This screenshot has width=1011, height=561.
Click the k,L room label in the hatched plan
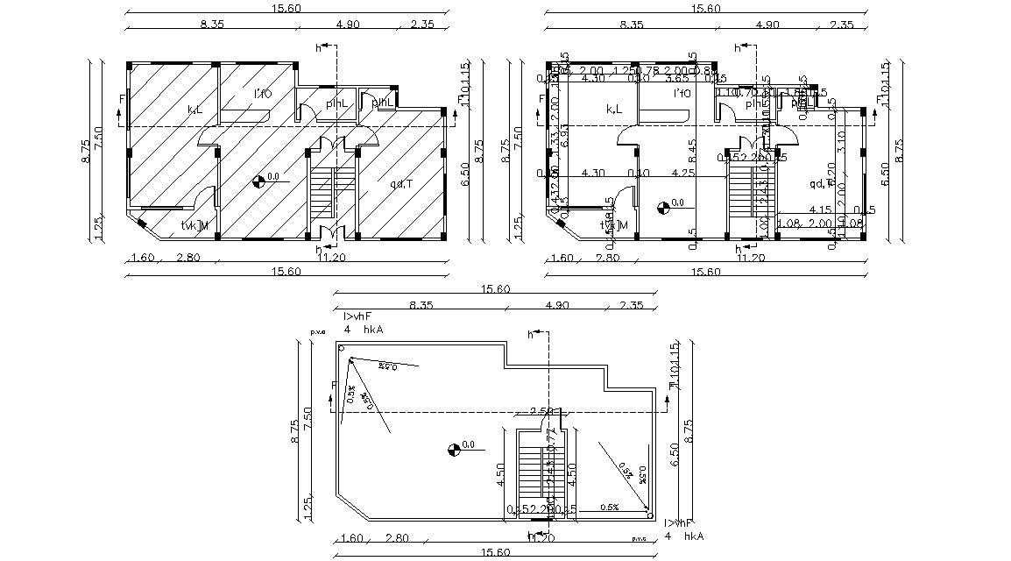click(194, 110)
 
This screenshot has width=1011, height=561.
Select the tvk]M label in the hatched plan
click(194, 226)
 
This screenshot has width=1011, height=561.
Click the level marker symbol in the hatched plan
click(259, 181)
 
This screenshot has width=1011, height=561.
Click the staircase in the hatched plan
click(322, 193)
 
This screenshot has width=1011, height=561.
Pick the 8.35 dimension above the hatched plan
click(212, 25)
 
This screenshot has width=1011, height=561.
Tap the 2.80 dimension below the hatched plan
click(188, 258)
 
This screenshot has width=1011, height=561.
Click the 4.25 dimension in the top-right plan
click(682, 174)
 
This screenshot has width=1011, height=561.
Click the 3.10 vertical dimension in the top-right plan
click(838, 138)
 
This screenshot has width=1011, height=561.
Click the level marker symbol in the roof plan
click(453, 450)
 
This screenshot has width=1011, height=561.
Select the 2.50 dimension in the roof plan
click(541, 411)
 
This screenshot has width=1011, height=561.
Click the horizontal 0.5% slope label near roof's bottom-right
click(610, 508)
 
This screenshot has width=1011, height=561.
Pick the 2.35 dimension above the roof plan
click(631, 305)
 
